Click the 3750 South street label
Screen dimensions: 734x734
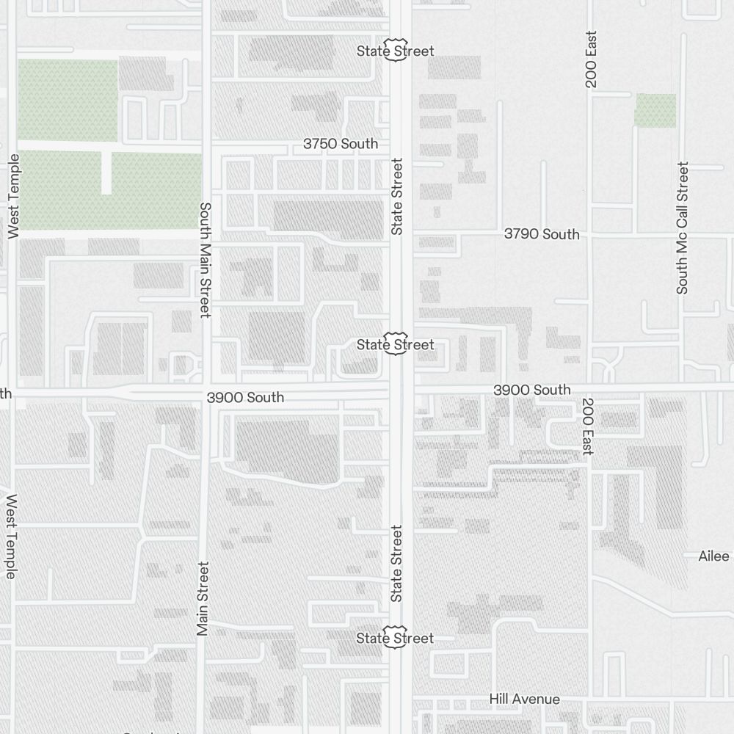[341, 144]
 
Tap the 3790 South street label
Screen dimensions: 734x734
[542, 234]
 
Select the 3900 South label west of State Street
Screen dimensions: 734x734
[245, 397]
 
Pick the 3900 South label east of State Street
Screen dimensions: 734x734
[531, 390]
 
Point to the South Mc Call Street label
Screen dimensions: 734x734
[683, 228]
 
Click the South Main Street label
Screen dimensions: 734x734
[206, 260]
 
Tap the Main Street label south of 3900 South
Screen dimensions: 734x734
[203, 598]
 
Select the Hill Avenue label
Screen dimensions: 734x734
[525, 700]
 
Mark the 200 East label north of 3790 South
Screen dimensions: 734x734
[592, 59]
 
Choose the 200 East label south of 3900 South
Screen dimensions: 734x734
[588, 426]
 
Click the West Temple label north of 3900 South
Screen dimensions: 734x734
[13, 196]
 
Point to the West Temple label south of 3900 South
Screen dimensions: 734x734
[11, 536]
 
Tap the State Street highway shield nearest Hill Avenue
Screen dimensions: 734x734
[396, 637]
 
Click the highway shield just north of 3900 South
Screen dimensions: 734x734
[396, 344]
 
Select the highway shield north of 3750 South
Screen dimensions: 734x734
[396, 50]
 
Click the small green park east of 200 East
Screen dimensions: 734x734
[655, 110]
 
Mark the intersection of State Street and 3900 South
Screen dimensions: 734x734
[401, 390]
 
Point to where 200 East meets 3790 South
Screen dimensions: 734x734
[589, 235]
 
